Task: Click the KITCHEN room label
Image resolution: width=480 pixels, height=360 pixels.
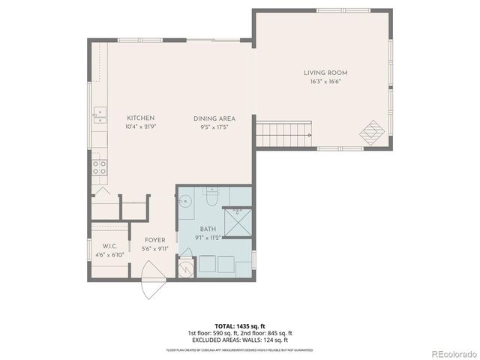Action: click(x=140, y=118)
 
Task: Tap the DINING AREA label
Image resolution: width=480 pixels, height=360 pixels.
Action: click(x=214, y=118)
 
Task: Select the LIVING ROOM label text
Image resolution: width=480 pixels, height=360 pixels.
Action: click(x=325, y=73)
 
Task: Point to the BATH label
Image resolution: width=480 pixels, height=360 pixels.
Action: click(x=208, y=229)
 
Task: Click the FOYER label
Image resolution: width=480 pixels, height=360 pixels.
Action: click(x=155, y=241)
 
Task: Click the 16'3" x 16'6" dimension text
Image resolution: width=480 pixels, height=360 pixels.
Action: click(x=325, y=82)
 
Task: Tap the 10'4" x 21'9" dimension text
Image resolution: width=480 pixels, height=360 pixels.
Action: click(x=140, y=127)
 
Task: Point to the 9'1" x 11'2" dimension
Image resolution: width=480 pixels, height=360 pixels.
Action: click(x=208, y=238)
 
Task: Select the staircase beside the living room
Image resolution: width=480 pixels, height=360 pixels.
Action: click(x=283, y=136)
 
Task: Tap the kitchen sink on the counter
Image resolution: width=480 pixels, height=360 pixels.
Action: click(x=99, y=115)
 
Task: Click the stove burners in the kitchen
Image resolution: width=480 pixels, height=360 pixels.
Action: click(x=99, y=167)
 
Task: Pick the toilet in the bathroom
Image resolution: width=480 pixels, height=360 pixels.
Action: click(x=211, y=199)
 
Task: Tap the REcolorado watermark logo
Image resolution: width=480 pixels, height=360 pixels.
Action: click(x=452, y=352)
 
